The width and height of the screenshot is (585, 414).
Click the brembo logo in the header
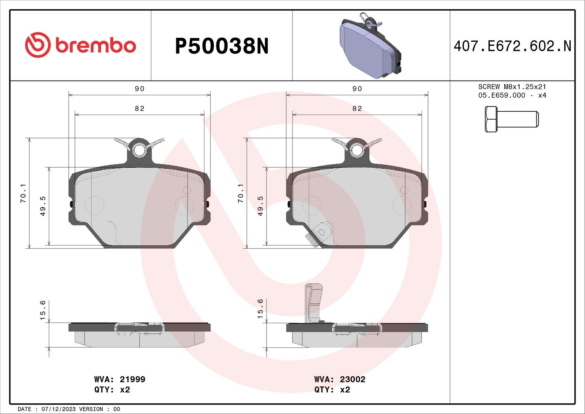pos(80,45)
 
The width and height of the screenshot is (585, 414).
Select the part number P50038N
pos(222,46)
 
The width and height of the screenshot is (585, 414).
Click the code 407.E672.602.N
pos(512,46)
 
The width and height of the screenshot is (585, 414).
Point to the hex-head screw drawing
pos(512,119)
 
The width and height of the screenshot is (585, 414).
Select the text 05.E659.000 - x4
pos(512,95)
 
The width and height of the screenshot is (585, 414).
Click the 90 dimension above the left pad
pos(139,89)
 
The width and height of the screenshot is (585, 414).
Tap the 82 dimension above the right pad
pos(357,108)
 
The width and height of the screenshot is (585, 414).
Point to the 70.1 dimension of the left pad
pos(23,193)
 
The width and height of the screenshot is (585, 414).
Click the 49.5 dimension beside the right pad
pos(260,206)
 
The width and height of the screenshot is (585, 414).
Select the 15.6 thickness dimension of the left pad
pos(43,310)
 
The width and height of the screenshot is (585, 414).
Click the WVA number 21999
pos(132,379)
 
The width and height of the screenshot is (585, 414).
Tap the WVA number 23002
pos(352,379)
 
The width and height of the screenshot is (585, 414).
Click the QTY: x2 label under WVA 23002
pos(332,389)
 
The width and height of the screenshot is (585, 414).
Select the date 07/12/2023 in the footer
pos(58,409)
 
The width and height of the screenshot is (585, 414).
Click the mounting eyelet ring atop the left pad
pos(139,150)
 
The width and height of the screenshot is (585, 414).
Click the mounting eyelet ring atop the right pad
pos(357,150)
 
